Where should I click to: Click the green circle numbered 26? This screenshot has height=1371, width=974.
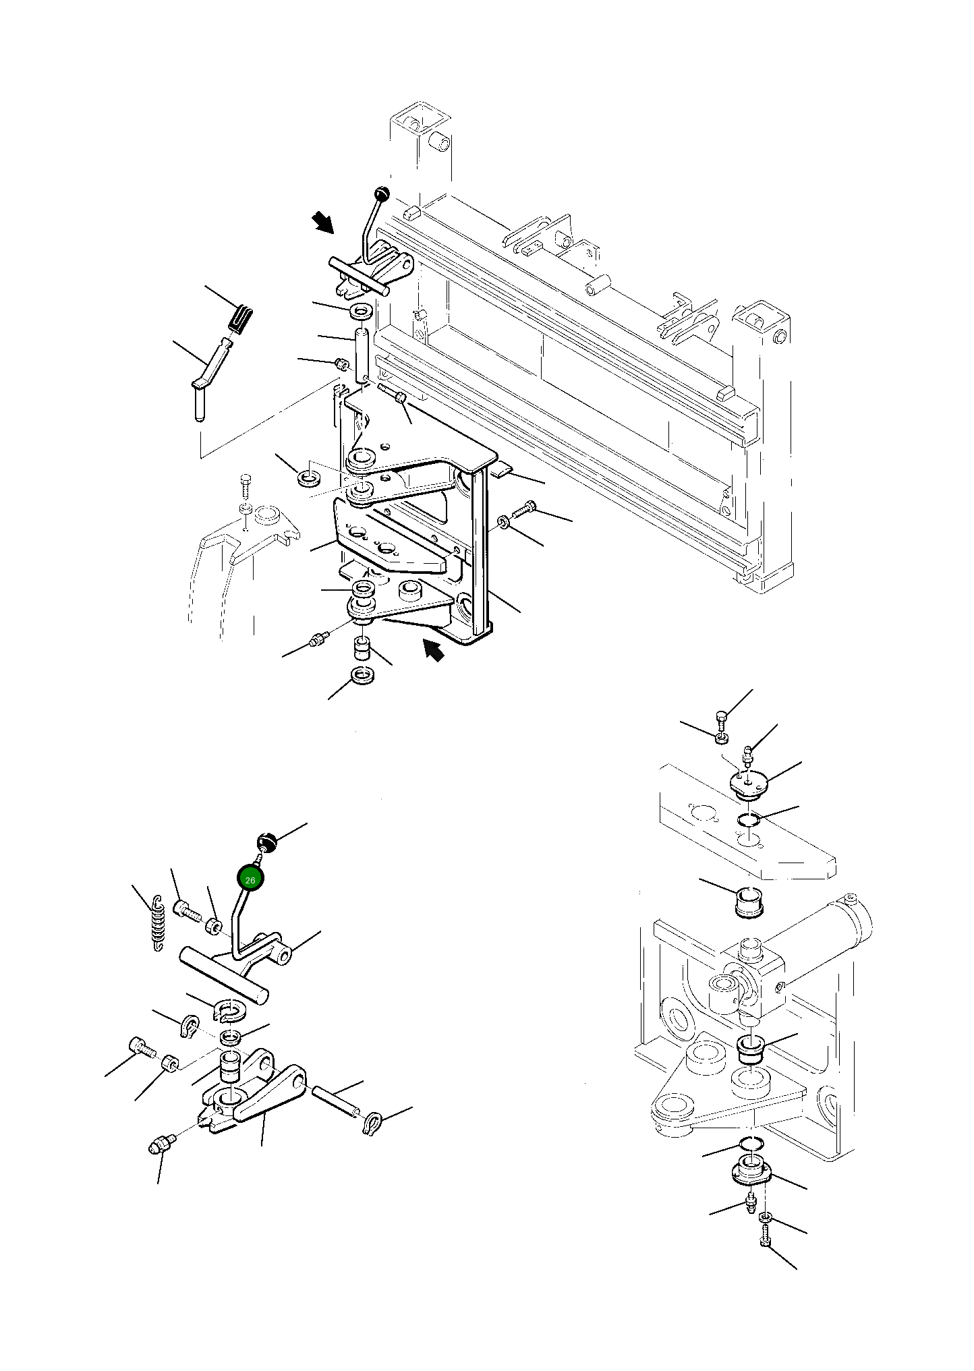tap(250, 879)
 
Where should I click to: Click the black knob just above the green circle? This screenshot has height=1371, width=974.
tap(267, 842)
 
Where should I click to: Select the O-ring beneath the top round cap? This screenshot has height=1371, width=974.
tap(749, 819)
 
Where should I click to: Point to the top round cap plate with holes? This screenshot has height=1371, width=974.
tap(750, 784)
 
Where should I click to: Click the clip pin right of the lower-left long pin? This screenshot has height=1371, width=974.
tap(372, 1123)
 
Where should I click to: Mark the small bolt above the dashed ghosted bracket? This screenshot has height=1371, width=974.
tap(246, 485)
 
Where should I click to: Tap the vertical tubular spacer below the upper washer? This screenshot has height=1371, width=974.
tap(362, 354)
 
